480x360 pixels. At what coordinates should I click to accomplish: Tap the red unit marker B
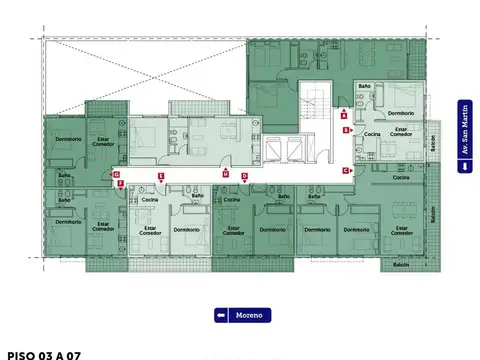(345, 131)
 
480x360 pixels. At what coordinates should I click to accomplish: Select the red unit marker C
(345, 171)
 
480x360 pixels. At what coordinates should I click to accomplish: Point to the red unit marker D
(244, 176)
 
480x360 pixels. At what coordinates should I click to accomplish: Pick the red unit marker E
(160, 177)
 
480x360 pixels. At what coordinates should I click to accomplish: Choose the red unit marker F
(120, 184)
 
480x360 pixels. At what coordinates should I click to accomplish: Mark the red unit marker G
(117, 174)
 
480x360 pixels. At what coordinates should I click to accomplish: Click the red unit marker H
(226, 174)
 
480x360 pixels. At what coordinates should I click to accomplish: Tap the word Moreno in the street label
(249, 316)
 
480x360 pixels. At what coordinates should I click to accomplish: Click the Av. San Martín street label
(464, 137)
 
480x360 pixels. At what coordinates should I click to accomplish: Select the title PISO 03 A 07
(43, 354)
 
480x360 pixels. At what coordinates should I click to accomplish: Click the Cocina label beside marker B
(371, 133)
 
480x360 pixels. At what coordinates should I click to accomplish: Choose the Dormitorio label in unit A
(404, 99)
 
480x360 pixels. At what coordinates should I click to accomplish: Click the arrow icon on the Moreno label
(222, 316)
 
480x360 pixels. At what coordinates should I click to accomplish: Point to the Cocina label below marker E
(150, 200)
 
